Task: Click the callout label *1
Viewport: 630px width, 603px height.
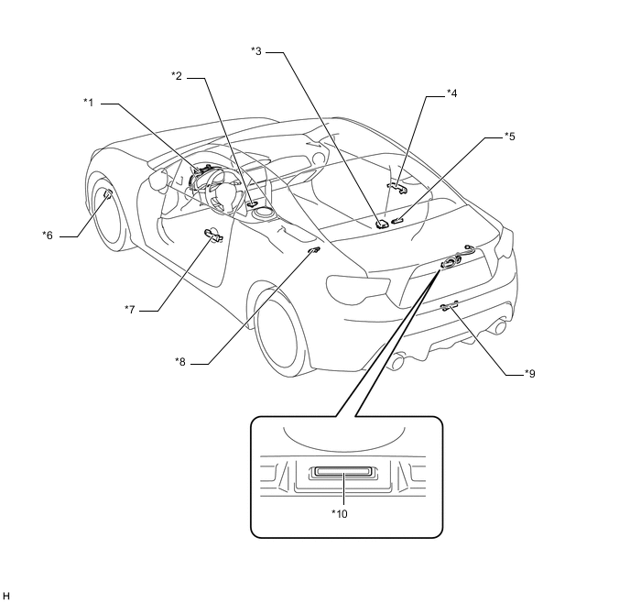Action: click(89, 101)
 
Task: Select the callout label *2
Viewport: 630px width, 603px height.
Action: click(177, 74)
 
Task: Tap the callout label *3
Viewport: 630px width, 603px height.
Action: click(256, 50)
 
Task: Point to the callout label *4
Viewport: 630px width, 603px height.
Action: click(452, 93)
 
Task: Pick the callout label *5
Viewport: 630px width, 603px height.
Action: click(509, 137)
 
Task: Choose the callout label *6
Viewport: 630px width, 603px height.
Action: click(48, 235)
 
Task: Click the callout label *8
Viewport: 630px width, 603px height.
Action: click(180, 361)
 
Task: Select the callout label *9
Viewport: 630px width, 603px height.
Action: click(530, 373)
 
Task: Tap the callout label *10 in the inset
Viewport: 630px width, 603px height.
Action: click(340, 513)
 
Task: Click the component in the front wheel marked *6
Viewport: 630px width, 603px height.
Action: click(107, 193)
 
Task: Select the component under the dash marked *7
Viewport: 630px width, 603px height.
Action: click(212, 237)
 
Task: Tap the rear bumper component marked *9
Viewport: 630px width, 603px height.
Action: click(449, 306)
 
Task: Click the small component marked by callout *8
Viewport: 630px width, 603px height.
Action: click(314, 249)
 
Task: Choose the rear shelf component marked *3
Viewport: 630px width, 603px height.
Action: click(380, 222)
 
